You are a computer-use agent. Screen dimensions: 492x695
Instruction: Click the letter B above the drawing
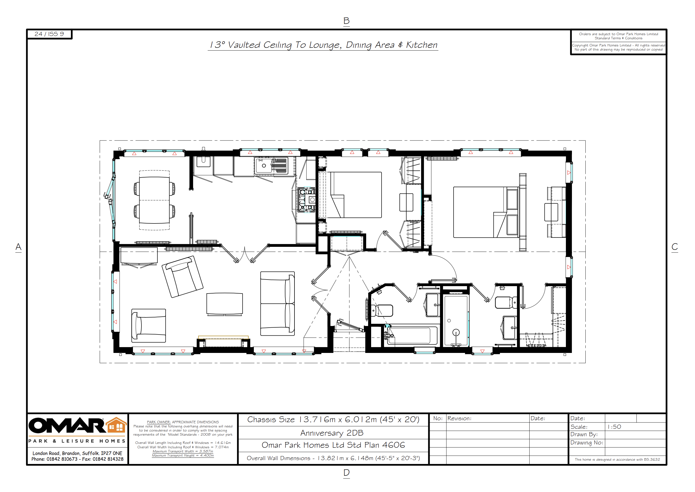coord(347,21)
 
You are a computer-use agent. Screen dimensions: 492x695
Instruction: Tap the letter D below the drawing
coord(347,472)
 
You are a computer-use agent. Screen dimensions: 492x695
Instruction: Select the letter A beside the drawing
coord(18,247)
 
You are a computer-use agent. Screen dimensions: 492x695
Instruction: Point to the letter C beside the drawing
coord(675,247)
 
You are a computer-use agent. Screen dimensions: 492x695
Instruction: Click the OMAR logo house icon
coord(116,425)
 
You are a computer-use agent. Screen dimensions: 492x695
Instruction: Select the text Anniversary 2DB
coord(332,433)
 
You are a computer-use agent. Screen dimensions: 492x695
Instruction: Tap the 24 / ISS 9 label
coord(49,34)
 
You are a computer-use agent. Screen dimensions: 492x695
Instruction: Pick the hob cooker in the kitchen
coord(307,200)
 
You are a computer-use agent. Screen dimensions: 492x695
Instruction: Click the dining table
coord(154,200)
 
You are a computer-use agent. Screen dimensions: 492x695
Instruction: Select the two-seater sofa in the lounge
coord(277,303)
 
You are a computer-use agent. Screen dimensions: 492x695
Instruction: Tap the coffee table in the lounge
coord(224,304)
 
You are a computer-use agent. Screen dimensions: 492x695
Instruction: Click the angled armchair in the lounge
coord(182,277)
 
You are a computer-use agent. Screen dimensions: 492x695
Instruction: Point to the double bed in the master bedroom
coord(484,212)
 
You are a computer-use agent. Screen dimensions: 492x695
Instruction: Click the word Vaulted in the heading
coord(244,45)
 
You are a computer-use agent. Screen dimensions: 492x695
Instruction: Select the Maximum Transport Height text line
coord(183,455)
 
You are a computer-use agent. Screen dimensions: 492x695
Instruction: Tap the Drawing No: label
coord(587,443)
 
